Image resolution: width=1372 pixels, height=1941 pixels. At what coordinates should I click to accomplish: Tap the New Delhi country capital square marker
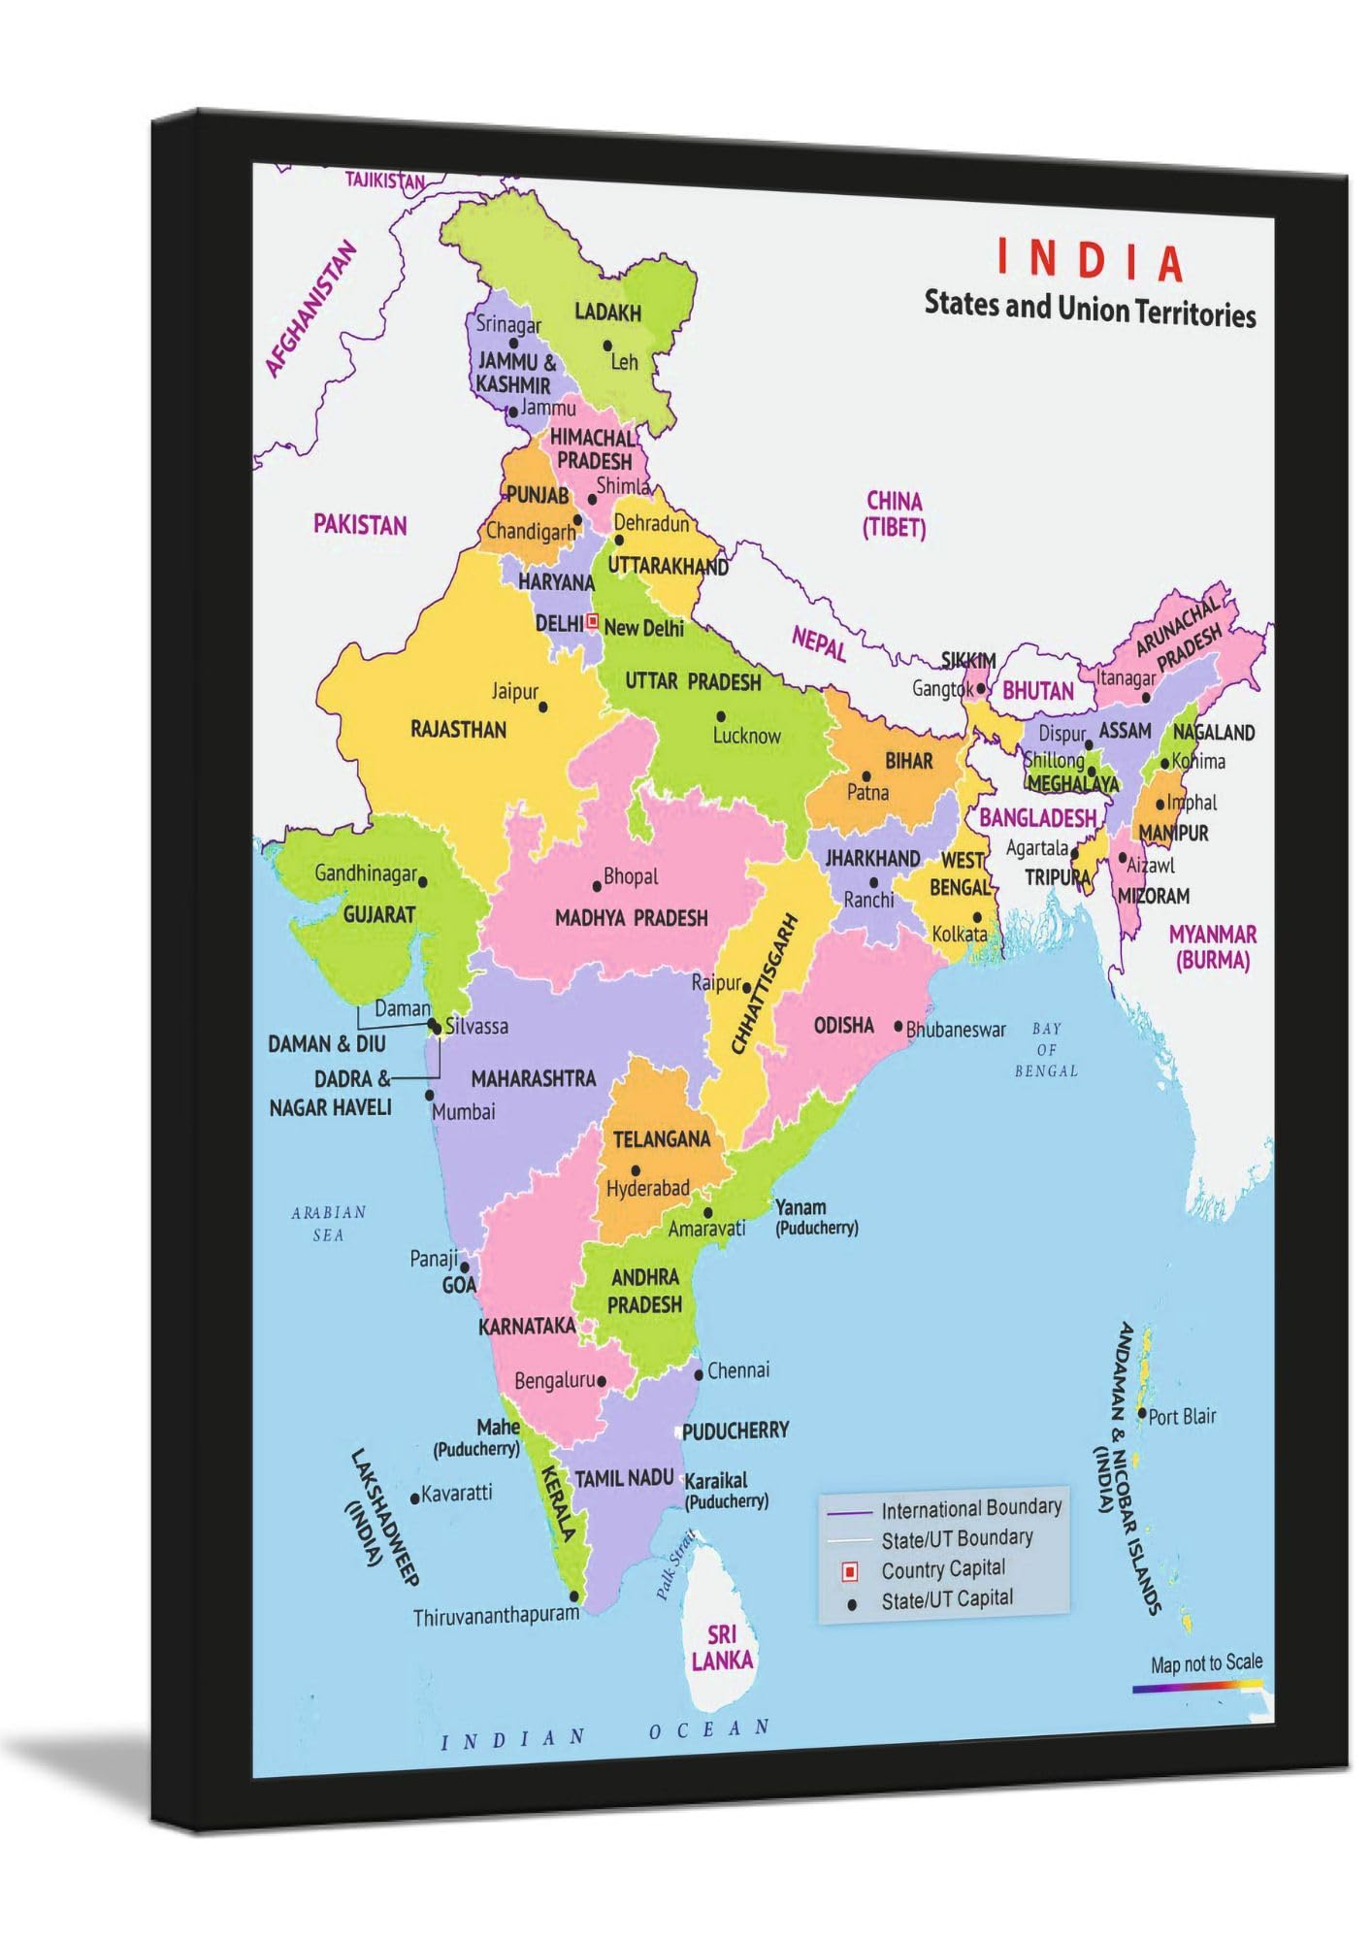coord(593,620)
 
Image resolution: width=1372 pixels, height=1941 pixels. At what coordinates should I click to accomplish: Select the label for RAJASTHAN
coord(458,729)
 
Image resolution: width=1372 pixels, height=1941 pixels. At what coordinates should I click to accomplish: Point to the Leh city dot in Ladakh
coord(607,345)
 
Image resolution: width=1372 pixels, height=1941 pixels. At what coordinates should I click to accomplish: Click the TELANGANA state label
coord(662,1138)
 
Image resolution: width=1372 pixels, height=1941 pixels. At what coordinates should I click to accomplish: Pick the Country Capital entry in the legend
coord(942,1569)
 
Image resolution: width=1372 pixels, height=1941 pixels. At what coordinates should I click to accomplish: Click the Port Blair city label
coord(1182,1416)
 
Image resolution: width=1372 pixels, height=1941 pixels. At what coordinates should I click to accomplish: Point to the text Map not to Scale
coord(1206,1663)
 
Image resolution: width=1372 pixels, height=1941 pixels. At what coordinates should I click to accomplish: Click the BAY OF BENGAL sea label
coord(1046,1049)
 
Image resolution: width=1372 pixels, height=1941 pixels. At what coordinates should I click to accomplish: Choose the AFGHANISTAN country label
coord(310,309)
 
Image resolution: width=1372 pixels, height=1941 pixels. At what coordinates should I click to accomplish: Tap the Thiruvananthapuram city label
coord(496,1616)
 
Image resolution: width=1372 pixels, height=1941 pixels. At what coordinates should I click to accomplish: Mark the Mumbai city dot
coord(430,1095)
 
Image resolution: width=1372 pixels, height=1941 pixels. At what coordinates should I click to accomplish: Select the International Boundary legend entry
coord(970,1508)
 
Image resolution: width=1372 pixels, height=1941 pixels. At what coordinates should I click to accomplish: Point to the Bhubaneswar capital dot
coord(898,1027)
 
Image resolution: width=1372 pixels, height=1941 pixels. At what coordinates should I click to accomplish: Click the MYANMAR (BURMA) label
coord(1212,947)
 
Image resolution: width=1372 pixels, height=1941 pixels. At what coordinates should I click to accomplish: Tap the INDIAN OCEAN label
coord(606,1733)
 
